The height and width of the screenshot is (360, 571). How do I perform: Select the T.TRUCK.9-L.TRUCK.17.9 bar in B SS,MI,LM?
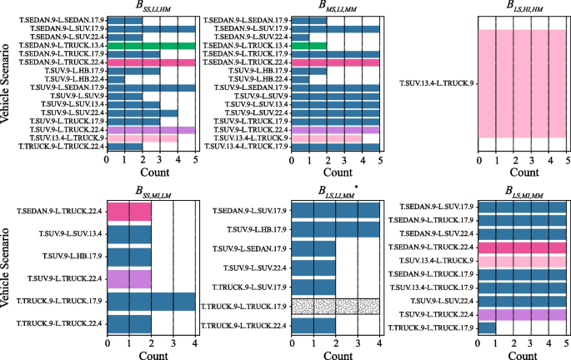(151, 300)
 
